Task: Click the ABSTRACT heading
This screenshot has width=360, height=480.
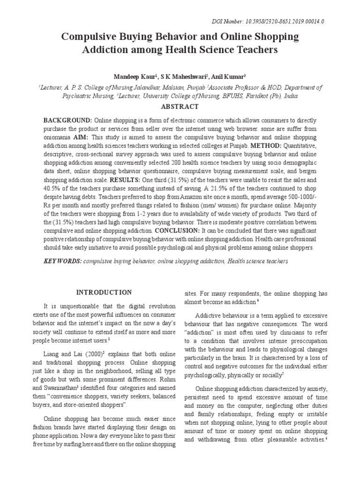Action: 180,106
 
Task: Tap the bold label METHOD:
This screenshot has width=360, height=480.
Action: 299,146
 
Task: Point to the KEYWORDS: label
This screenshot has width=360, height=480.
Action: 62,260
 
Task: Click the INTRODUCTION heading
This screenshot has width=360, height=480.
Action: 104,292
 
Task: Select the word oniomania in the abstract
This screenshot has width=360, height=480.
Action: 57,137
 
